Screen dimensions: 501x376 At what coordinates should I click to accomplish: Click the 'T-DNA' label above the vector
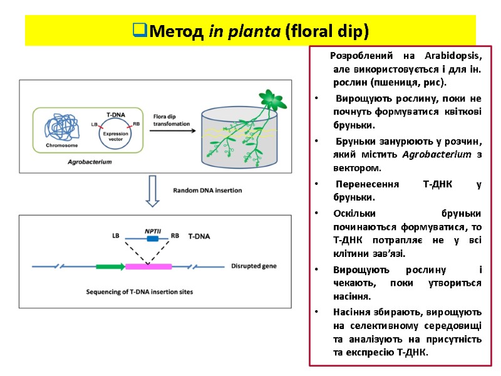click(115, 115)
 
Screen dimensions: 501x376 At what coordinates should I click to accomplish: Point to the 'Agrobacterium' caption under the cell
click(90, 162)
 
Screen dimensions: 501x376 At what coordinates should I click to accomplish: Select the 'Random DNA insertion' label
click(207, 190)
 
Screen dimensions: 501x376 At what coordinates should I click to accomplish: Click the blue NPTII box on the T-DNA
click(152, 238)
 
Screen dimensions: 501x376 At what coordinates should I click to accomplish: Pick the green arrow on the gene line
click(110, 266)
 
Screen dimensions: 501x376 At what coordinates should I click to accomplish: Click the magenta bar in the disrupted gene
click(148, 266)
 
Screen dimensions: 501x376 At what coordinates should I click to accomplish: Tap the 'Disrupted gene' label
click(253, 266)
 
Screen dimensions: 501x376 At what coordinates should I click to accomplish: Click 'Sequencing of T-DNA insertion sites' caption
click(139, 292)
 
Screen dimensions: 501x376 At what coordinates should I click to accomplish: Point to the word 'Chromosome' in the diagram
click(61, 145)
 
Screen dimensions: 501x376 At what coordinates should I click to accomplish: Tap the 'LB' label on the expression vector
click(95, 125)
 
